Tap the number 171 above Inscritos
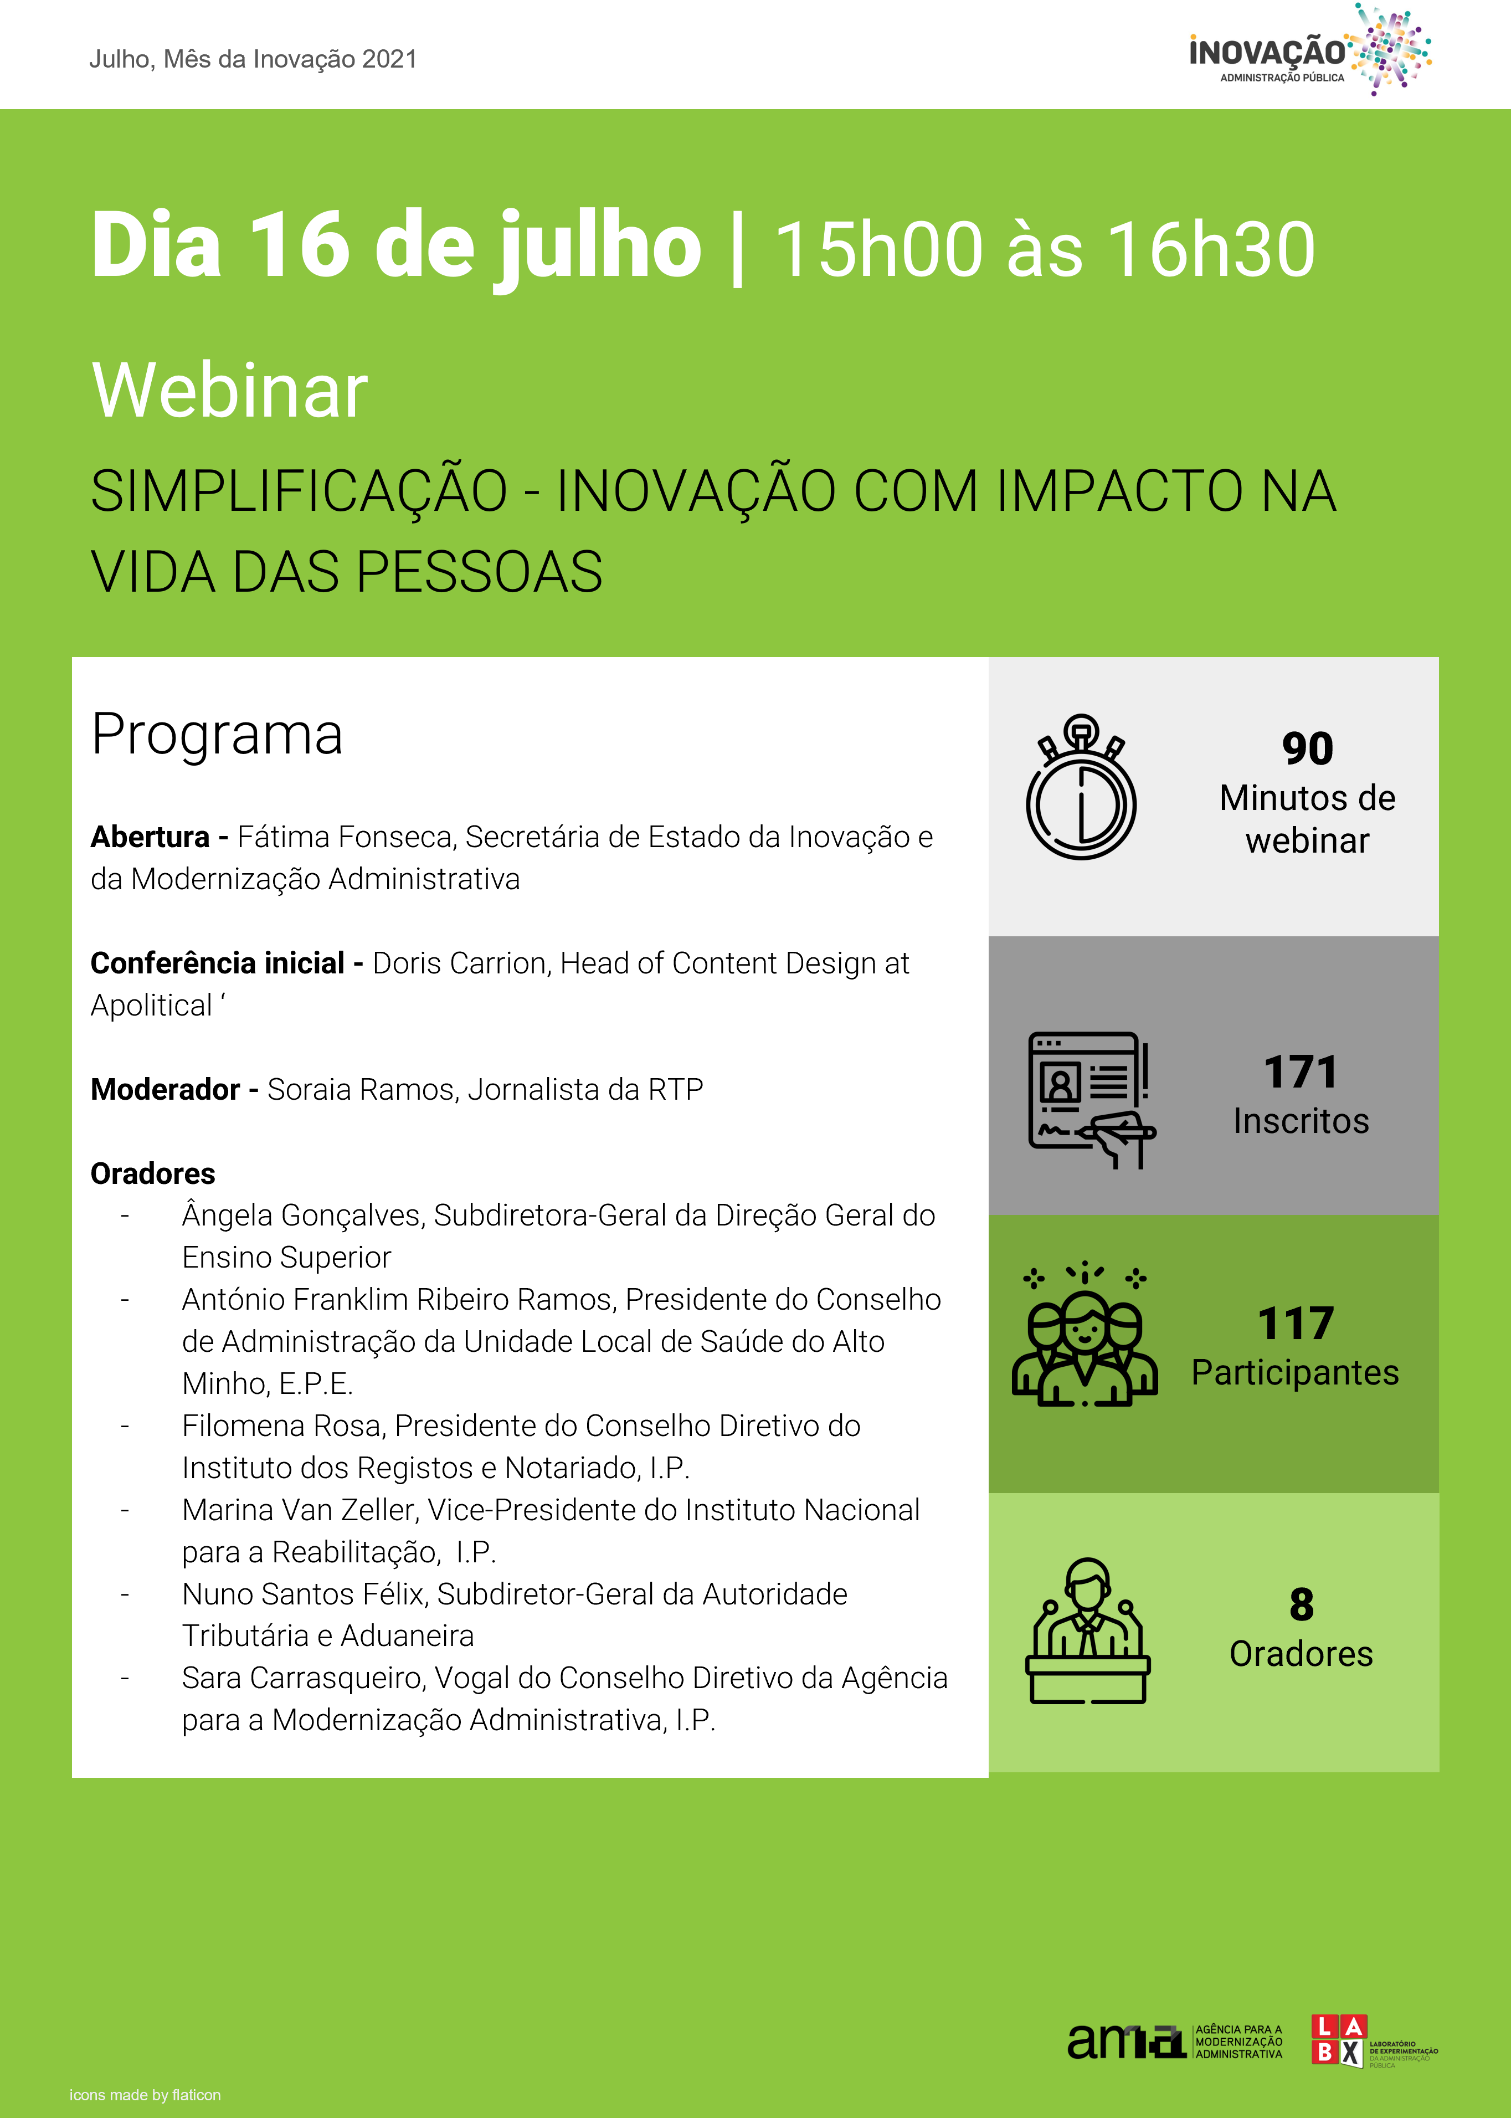1300,1072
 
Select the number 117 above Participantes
1295,1324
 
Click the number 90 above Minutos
1307,748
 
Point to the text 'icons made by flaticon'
145,2095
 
